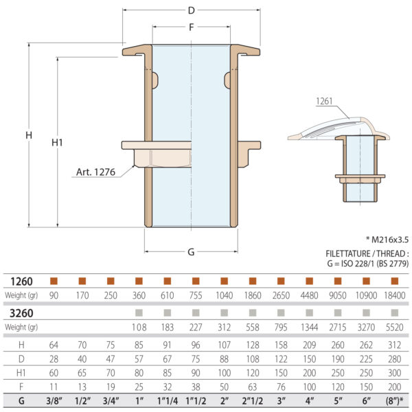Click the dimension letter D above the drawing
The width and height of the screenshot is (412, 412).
(x=191, y=10)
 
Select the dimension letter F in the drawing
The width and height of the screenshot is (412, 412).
(x=191, y=27)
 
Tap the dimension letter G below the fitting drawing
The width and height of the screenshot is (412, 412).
(x=191, y=251)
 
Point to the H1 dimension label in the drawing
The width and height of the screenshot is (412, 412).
(x=58, y=142)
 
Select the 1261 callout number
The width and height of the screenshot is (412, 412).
(x=325, y=101)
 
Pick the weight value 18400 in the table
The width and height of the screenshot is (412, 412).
(x=393, y=295)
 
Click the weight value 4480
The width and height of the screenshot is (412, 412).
(x=308, y=295)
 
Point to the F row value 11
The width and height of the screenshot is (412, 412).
(x=54, y=386)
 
